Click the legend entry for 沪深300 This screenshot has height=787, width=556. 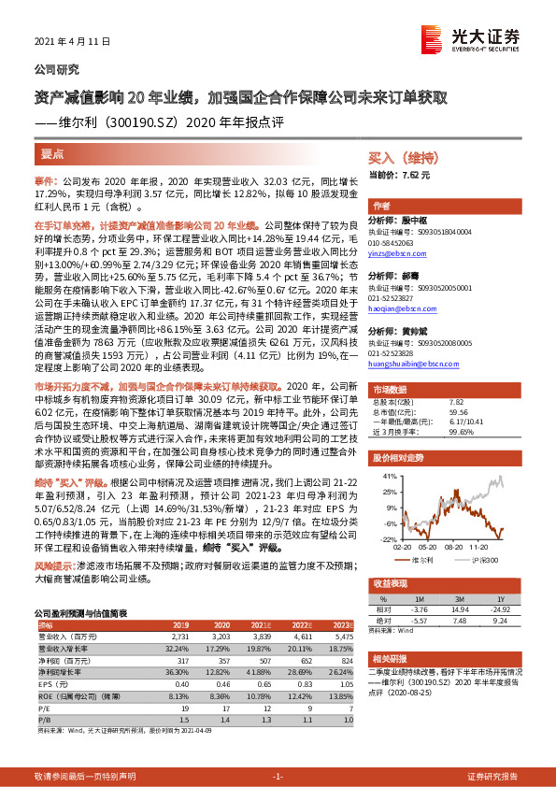[494, 560]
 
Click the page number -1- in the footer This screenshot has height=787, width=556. [278, 777]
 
